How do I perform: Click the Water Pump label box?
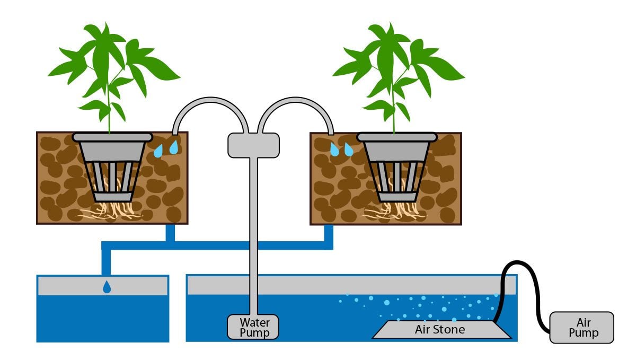[253, 327]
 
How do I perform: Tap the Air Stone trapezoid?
[441, 330]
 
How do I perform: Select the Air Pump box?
[581, 327]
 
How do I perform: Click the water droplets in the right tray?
[341, 150]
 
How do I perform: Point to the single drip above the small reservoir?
[107, 287]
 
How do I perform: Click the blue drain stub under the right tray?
[329, 233]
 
